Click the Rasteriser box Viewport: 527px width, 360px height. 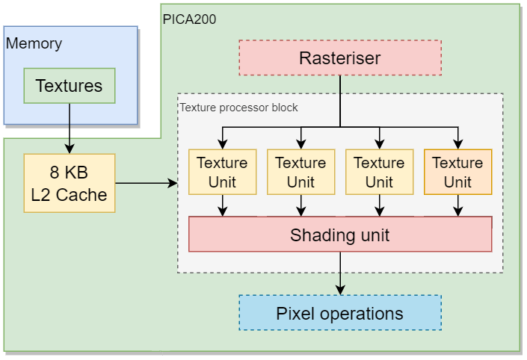click(x=340, y=58)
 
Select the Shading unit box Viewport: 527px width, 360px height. click(x=340, y=234)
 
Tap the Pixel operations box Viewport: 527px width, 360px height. click(x=340, y=313)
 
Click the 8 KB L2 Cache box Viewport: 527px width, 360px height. click(x=70, y=183)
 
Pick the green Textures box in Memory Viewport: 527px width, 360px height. click(x=70, y=86)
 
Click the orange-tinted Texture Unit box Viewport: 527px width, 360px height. click(x=458, y=172)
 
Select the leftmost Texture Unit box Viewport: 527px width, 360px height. click(x=223, y=172)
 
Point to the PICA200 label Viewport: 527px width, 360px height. click(x=189, y=19)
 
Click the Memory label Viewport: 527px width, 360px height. click(x=34, y=43)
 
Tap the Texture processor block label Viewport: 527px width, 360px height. click(x=238, y=108)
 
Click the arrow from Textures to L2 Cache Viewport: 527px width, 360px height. click(x=70, y=128)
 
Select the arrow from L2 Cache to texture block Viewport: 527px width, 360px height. click(x=147, y=183)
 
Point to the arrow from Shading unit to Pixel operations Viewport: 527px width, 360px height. click(x=340, y=273)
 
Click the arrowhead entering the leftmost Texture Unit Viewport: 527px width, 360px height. click(x=223, y=144)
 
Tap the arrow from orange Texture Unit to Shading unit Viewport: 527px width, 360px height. click(x=458, y=205)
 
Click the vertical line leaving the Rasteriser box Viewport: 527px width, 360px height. click(x=340, y=101)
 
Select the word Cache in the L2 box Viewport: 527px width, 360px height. click(x=81, y=195)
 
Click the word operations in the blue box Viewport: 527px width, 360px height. click(x=361, y=314)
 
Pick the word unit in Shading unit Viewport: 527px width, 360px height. click(x=375, y=235)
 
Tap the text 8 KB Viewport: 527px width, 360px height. click(x=69, y=173)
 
